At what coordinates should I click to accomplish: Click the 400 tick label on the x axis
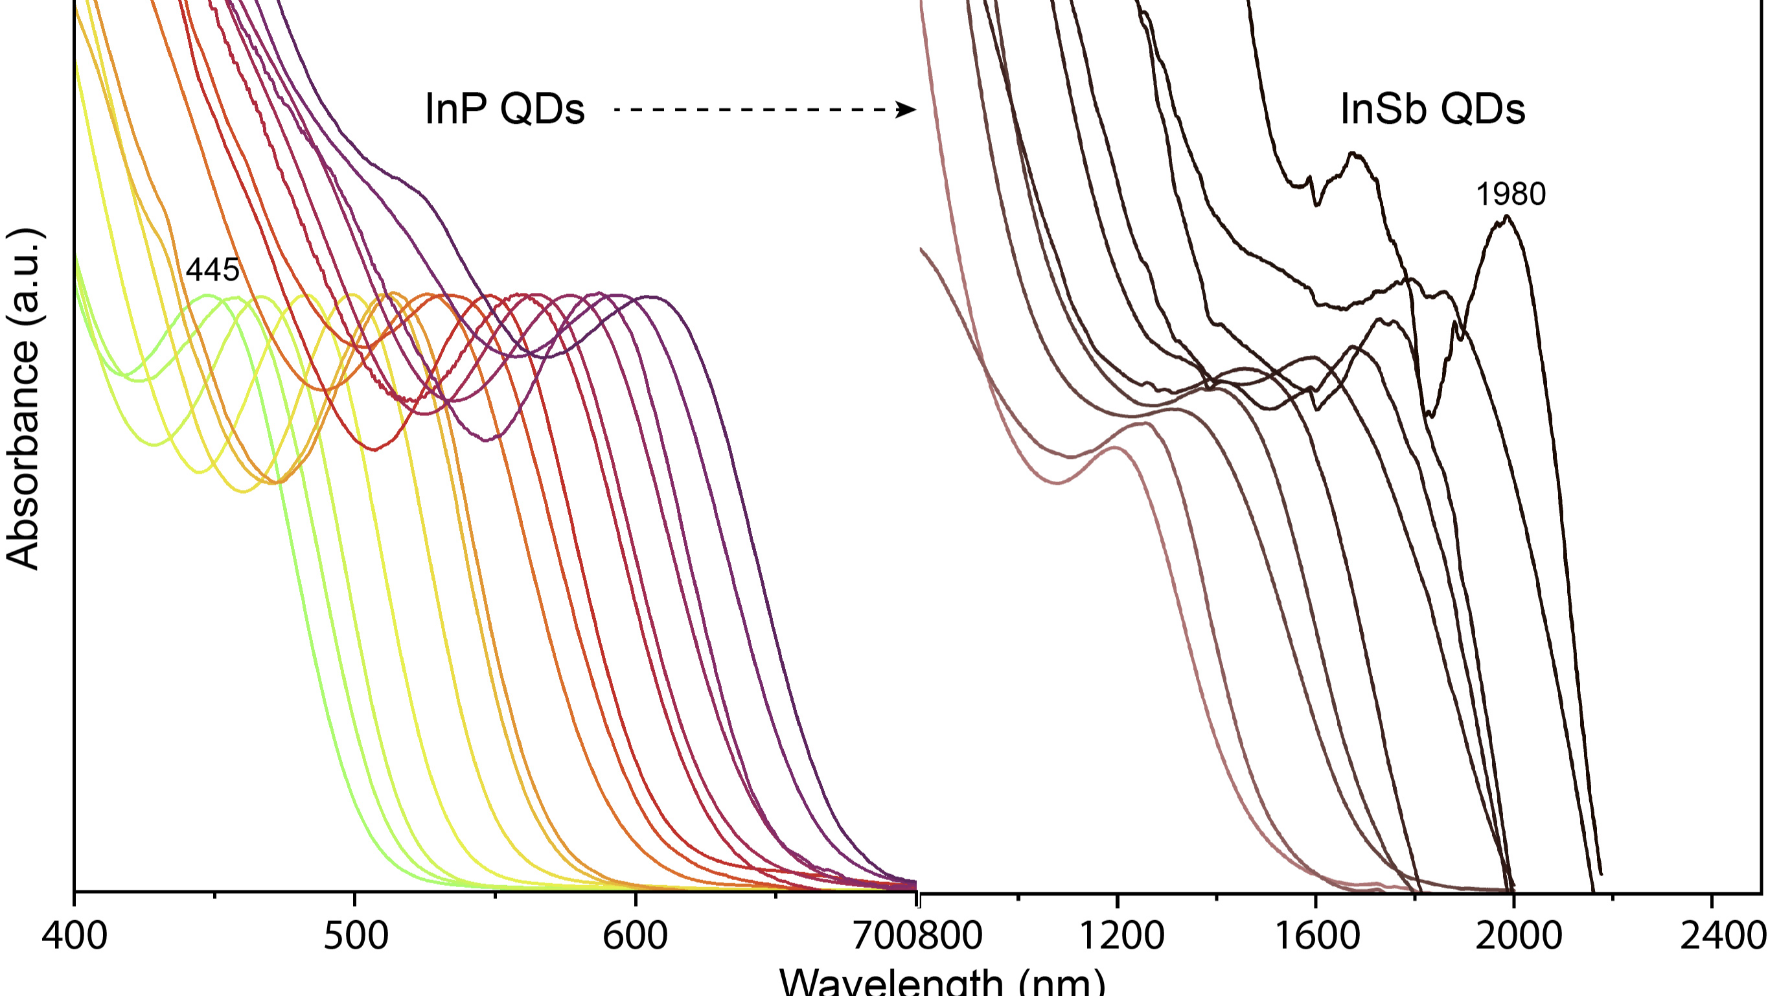tap(74, 936)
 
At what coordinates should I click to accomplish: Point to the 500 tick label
tap(356, 936)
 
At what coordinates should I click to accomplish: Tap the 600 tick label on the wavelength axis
tap(635, 936)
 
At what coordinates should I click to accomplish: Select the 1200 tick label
tap(1121, 936)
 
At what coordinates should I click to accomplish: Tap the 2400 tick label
tap(1721, 936)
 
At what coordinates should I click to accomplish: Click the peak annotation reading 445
tap(212, 270)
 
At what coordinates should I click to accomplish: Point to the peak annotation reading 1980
tap(1511, 194)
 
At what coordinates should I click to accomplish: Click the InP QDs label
tap(505, 109)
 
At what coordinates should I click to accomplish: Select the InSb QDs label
tap(1432, 109)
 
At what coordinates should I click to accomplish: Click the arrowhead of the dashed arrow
tap(908, 109)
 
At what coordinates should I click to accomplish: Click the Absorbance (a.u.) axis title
tap(23, 398)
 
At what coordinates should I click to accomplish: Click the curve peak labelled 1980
tap(1506, 217)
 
